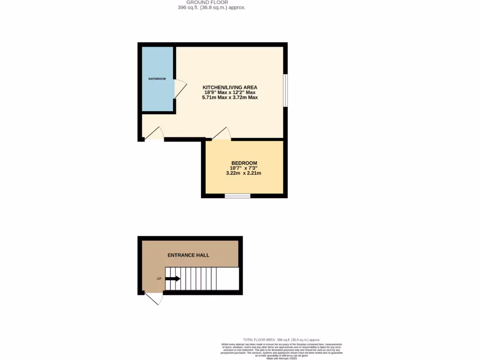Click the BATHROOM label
pyautogui.click(x=157, y=79)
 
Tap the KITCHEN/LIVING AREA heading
pyautogui.click(x=230, y=87)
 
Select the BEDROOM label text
pyautogui.click(x=244, y=163)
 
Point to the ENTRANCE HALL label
pyautogui.click(x=188, y=255)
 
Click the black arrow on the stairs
pyautogui.click(x=172, y=279)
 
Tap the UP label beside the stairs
pyautogui.click(x=159, y=279)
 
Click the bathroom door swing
pyautogui.click(x=180, y=89)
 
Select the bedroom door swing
pyautogui.click(x=222, y=134)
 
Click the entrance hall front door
pyautogui.click(x=154, y=298)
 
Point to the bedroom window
pyautogui.click(x=237, y=195)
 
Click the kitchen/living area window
pyautogui.click(x=285, y=90)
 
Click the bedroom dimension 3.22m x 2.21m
pyautogui.click(x=243, y=173)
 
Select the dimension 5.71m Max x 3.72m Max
pyautogui.click(x=230, y=97)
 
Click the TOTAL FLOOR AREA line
pyautogui.click(x=282, y=339)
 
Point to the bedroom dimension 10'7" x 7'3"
pyautogui.click(x=244, y=168)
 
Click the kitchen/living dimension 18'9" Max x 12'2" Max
pyautogui.click(x=230, y=92)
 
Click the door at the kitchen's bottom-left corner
pyautogui.click(x=154, y=135)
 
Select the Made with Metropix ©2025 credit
pyautogui.click(x=282, y=358)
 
